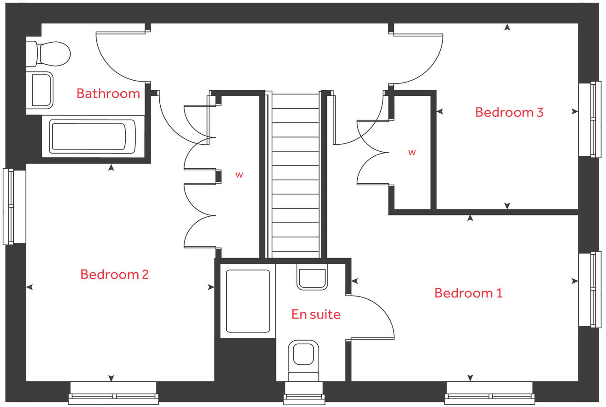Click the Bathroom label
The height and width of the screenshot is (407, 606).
click(108, 93)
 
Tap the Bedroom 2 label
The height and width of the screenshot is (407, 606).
click(114, 275)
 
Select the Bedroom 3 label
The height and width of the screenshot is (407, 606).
click(509, 112)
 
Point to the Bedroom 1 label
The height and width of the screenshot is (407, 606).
click(468, 293)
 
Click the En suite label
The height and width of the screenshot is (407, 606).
click(316, 314)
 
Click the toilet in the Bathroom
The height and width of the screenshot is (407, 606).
click(49, 54)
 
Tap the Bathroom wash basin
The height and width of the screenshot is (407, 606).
click(40, 90)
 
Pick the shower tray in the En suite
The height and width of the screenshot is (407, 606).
click(247, 301)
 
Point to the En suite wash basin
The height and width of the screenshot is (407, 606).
click(312, 277)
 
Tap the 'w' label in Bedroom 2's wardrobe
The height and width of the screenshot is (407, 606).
click(239, 175)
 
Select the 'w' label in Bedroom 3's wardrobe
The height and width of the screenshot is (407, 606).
click(412, 153)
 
